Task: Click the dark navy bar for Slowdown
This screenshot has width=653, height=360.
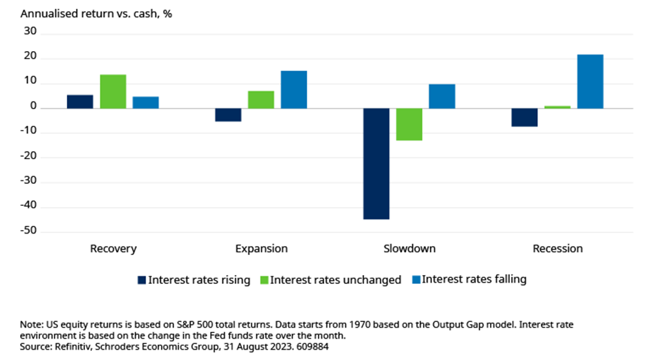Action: click(x=376, y=164)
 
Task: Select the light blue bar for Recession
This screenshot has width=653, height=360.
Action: click(x=590, y=82)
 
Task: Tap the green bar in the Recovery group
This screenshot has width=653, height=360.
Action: click(x=113, y=91)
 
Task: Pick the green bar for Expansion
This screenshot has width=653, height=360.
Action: click(x=261, y=100)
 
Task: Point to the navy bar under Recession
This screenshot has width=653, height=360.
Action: click(x=524, y=117)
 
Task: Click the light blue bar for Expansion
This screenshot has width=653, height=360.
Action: click(x=294, y=89)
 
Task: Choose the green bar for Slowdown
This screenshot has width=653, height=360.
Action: click(x=409, y=124)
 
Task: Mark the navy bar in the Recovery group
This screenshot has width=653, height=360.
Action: click(x=80, y=102)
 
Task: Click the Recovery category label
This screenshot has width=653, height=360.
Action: click(x=113, y=249)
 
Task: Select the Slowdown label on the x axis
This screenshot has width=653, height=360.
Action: click(x=410, y=249)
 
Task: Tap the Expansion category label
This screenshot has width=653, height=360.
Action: click(x=261, y=249)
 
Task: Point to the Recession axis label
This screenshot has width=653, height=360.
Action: click(x=558, y=249)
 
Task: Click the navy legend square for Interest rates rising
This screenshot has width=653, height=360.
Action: click(x=142, y=280)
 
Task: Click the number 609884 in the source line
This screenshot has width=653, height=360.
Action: click(x=311, y=347)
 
